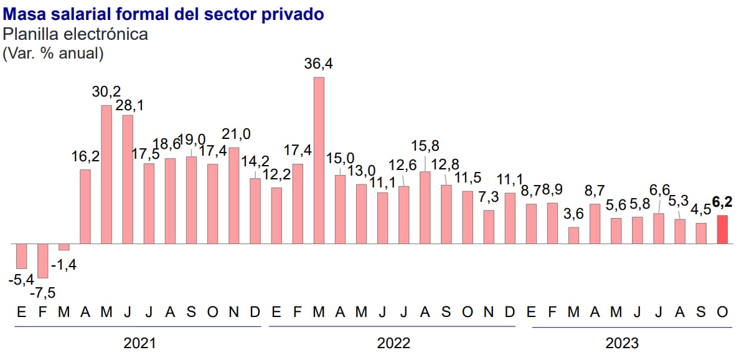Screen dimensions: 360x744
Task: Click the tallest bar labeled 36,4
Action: tap(319, 160)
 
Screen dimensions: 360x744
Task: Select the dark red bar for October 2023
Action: tap(722, 229)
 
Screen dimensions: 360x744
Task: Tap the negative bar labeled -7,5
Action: tap(43, 260)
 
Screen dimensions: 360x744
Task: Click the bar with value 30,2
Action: tap(106, 174)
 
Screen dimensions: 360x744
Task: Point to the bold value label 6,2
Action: tap(722, 201)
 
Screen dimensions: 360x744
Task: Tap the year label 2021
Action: tap(139, 343)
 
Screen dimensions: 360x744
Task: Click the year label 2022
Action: tap(393, 343)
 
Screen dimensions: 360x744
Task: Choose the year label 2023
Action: tap(622, 343)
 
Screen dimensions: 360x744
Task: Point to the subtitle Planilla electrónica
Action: tap(75, 34)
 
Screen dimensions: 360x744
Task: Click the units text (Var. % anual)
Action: tap(53, 54)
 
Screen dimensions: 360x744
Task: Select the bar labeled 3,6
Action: tap(574, 235)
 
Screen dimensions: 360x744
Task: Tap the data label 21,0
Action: tap(237, 134)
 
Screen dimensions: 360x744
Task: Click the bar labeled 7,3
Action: tap(489, 227)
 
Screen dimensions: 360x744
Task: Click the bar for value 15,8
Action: tap(425, 207)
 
